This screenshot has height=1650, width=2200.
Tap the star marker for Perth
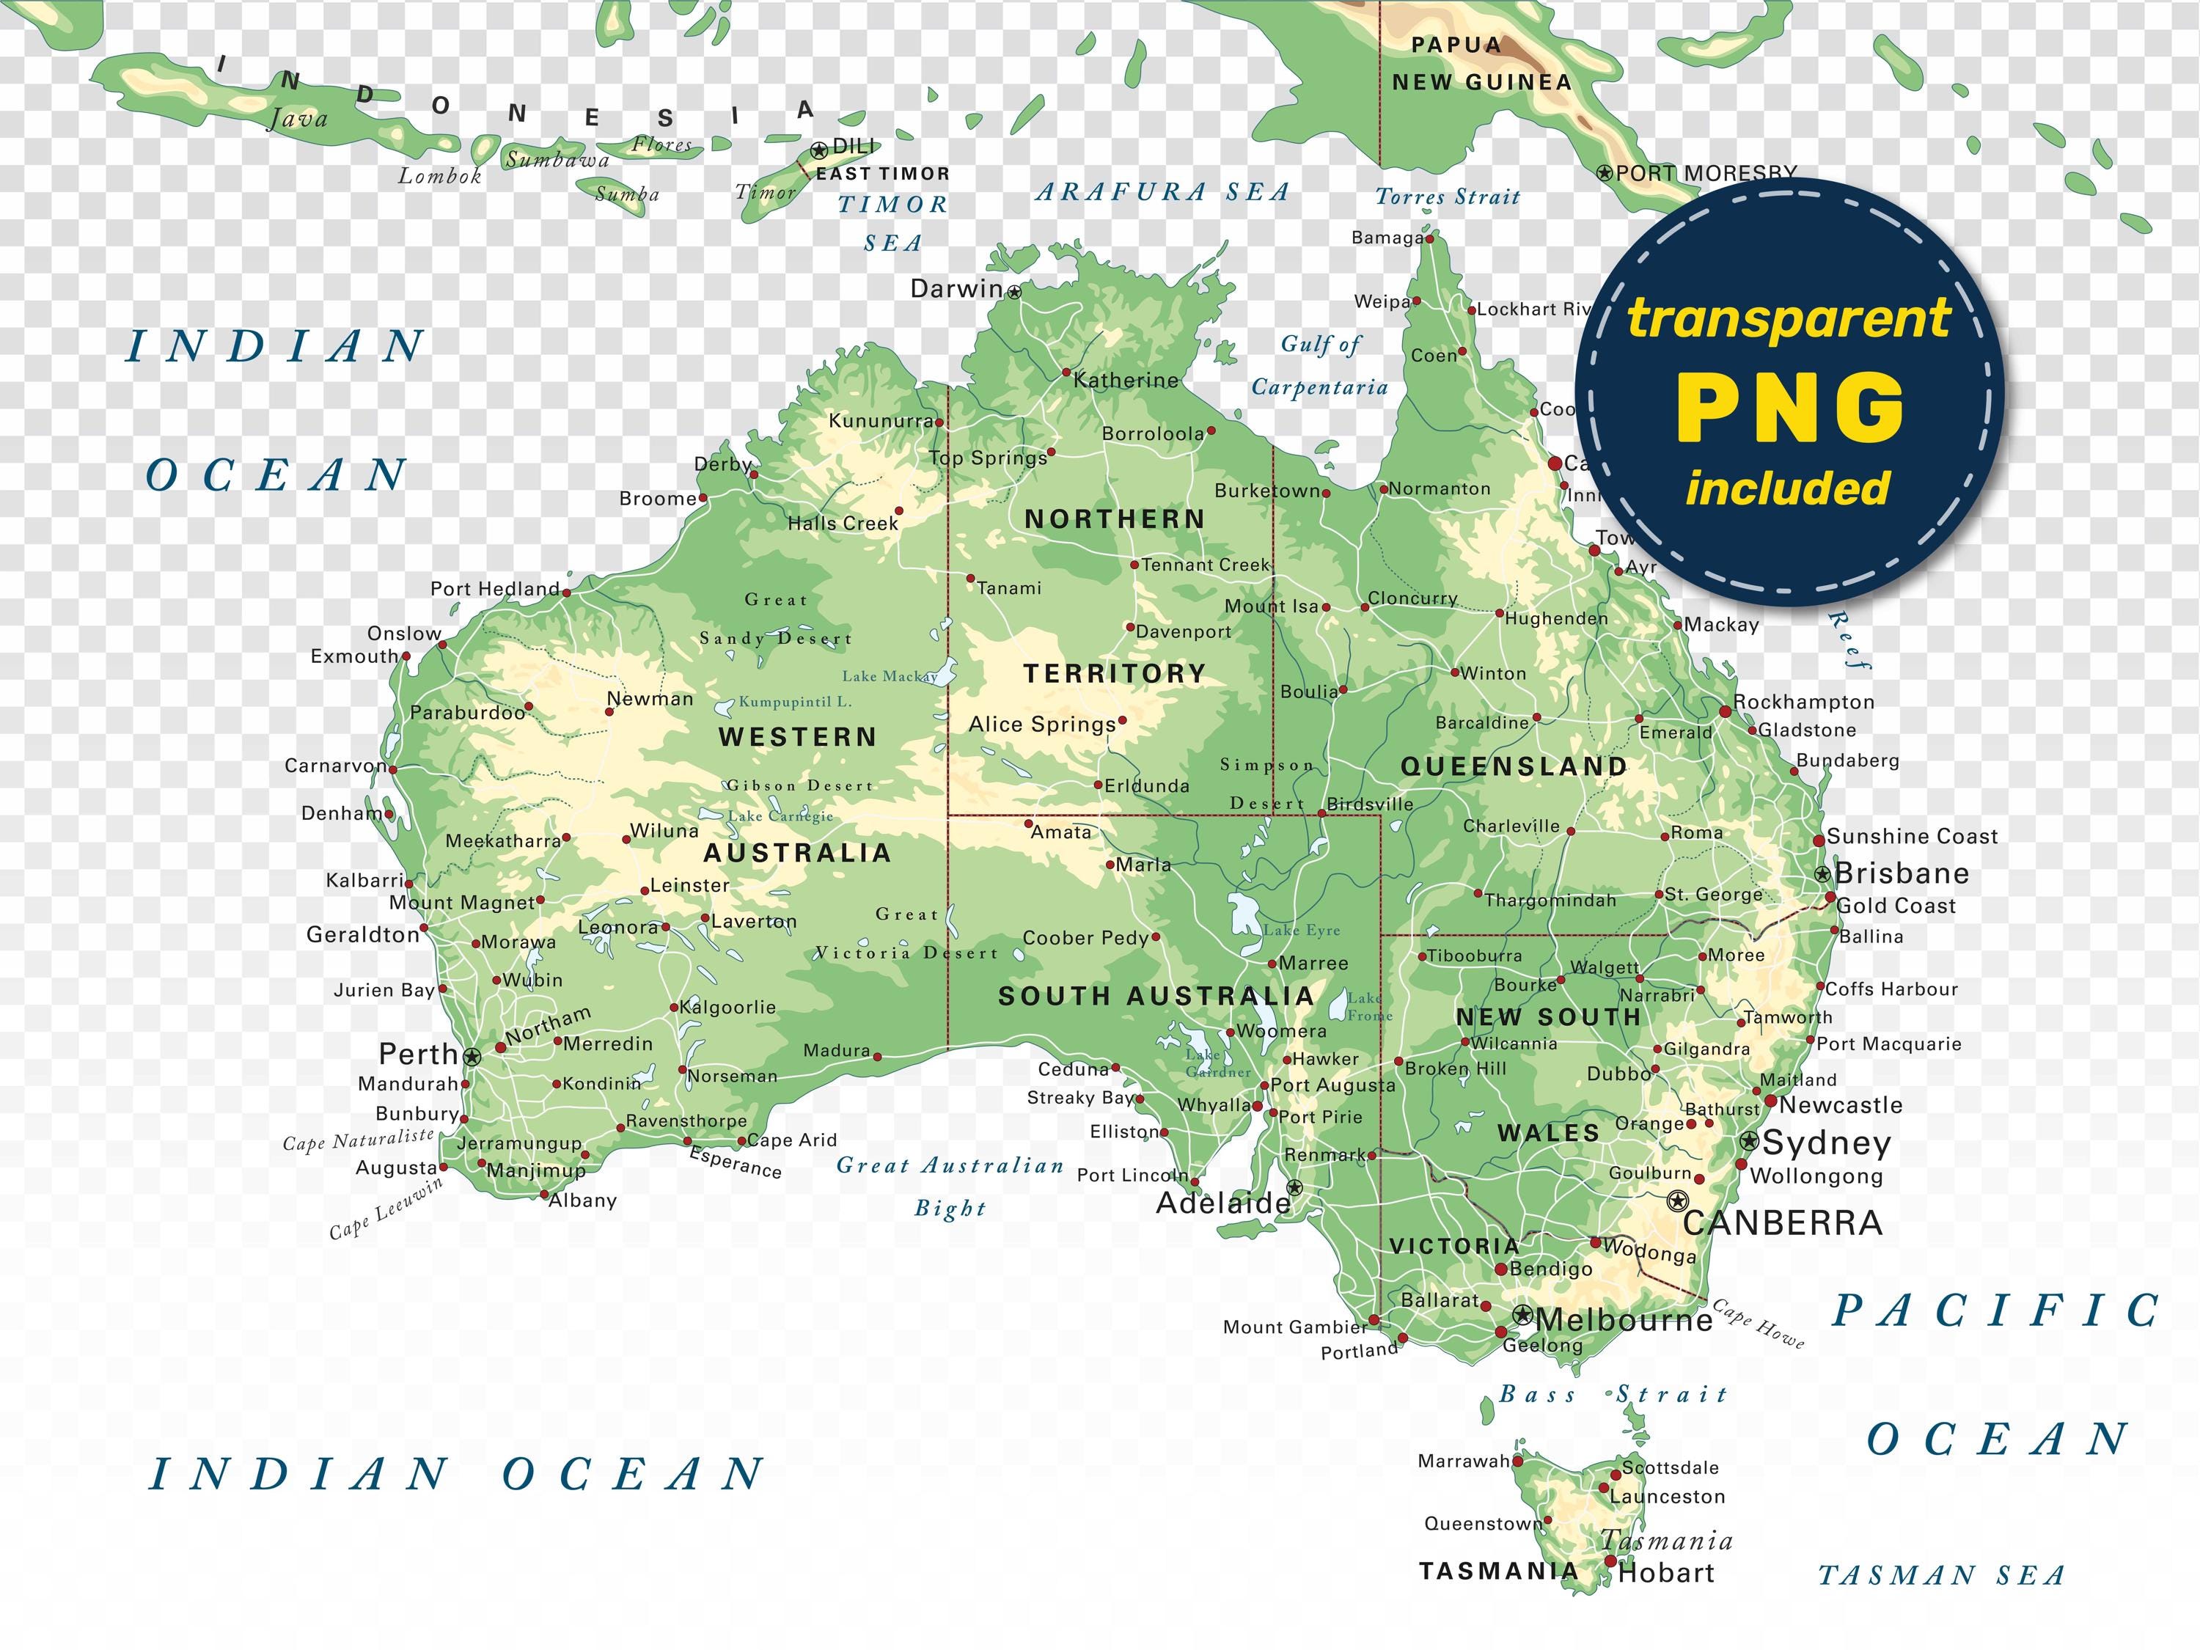[472, 1056]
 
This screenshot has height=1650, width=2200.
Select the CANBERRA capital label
[1782, 1222]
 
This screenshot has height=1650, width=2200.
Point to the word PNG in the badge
[1789, 408]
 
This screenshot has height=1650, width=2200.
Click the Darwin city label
[957, 288]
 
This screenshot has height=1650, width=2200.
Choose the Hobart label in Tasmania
[1666, 1572]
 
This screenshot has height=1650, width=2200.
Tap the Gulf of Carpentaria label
[1320, 365]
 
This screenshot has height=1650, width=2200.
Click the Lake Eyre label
[1302, 930]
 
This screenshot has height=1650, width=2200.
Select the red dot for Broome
[703, 497]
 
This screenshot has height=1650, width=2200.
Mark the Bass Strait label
[1613, 1394]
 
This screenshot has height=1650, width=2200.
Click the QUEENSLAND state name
[1514, 766]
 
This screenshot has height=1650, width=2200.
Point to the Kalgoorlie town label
[728, 1007]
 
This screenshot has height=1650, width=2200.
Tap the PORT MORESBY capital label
[1705, 172]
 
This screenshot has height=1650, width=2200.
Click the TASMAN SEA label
[1941, 1575]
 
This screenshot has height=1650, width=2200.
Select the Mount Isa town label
[1271, 606]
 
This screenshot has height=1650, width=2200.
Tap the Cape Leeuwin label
[386, 1209]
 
